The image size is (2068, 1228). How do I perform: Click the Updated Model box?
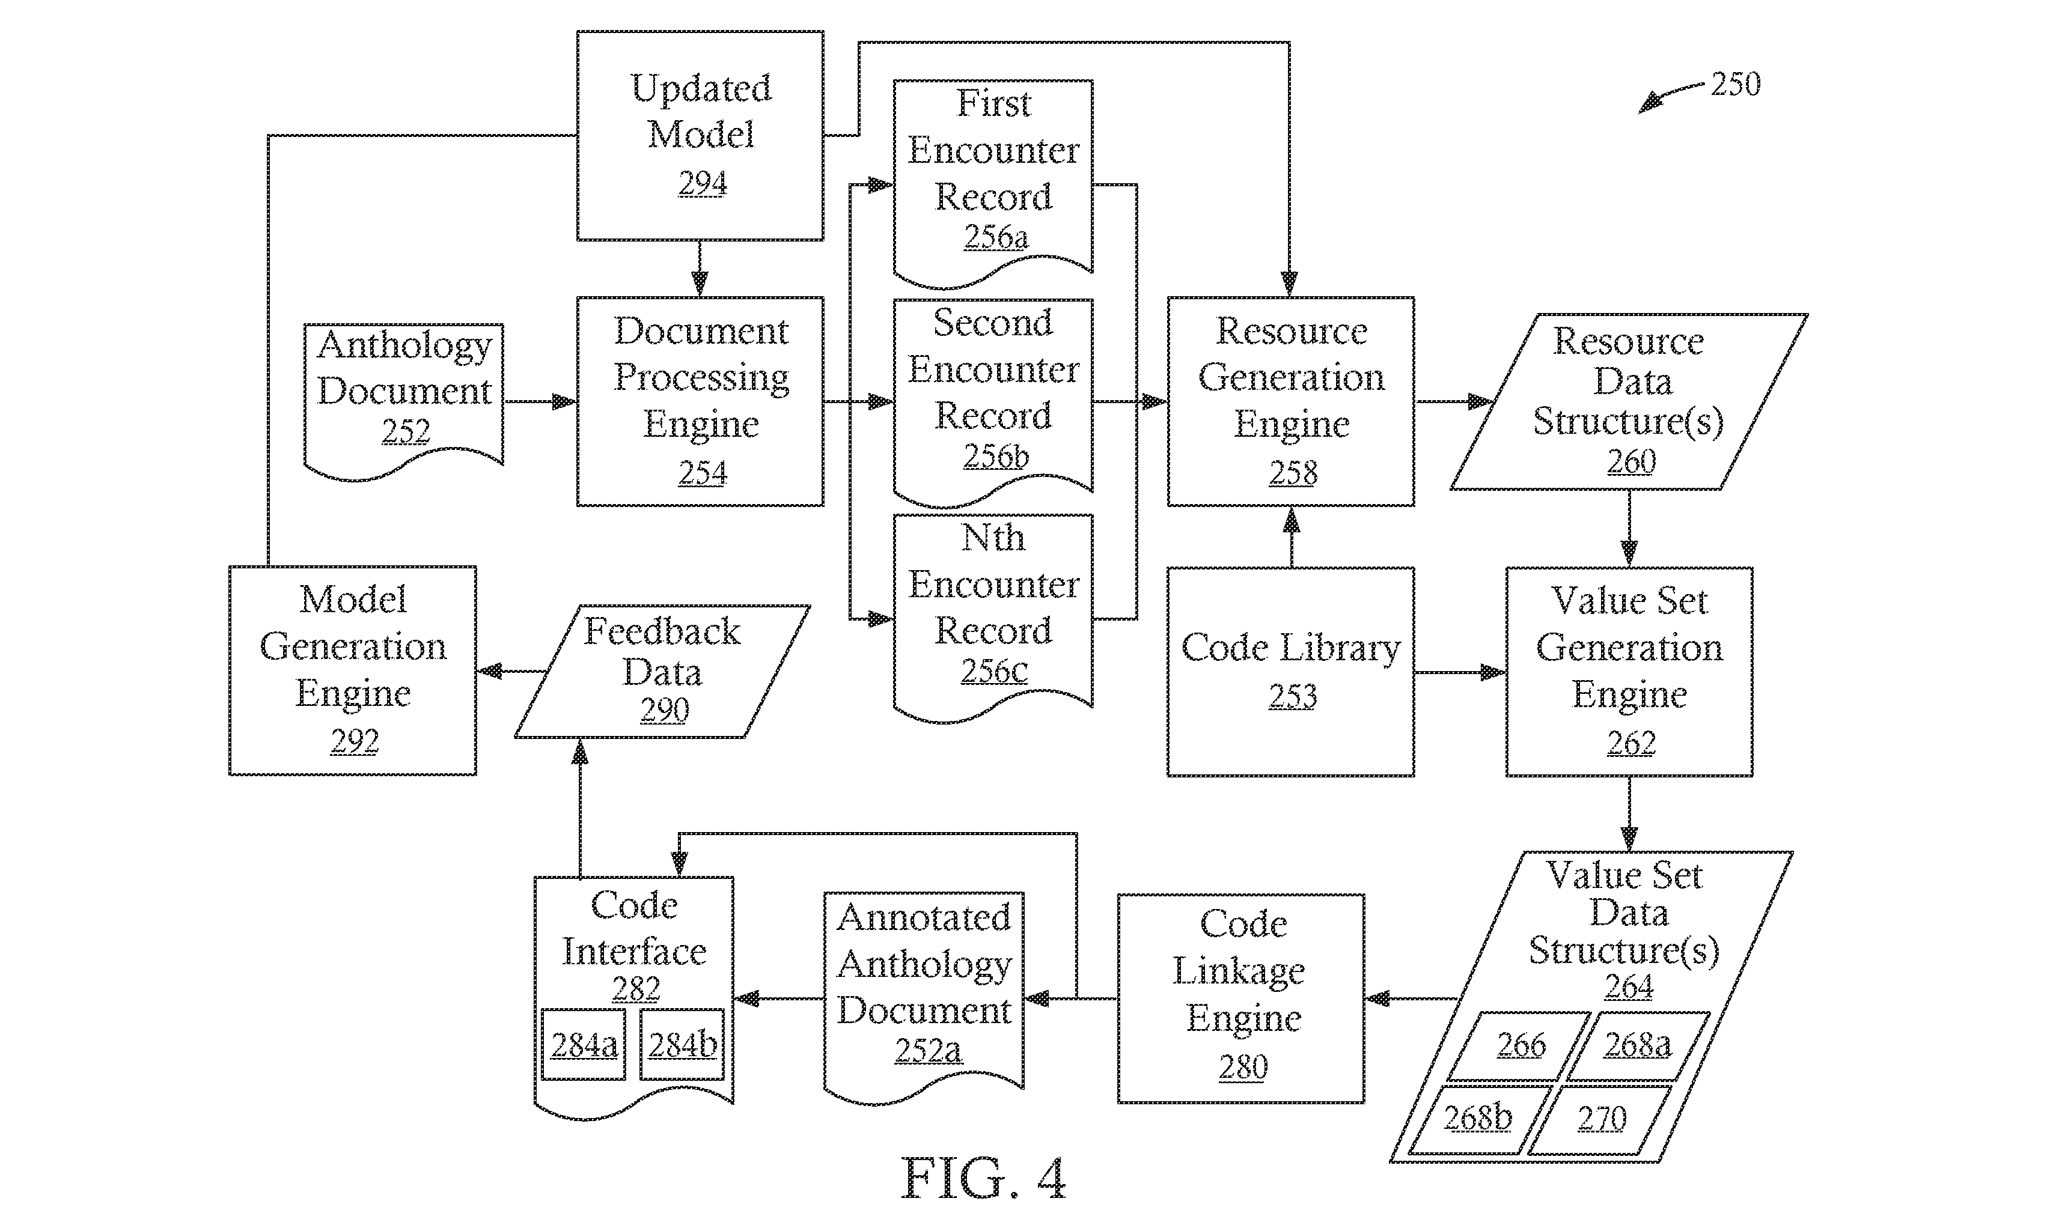pyautogui.click(x=700, y=136)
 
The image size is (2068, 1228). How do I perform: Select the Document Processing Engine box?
pyautogui.click(x=700, y=401)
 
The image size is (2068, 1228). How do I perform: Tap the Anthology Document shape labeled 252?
pyautogui.click(x=404, y=401)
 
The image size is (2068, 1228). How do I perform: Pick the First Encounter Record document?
pyautogui.click(x=993, y=182)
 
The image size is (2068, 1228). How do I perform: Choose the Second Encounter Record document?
pyautogui.click(x=993, y=401)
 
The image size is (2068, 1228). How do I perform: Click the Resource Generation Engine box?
pyautogui.click(x=1291, y=401)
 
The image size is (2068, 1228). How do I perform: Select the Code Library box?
pyautogui.click(x=1291, y=672)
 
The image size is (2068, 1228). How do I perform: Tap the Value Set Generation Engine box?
pyautogui.click(x=1629, y=672)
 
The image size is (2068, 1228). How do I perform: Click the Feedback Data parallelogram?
pyautogui.click(x=662, y=671)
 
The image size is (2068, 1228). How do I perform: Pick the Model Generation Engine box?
pyautogui.click(x=353, y=671)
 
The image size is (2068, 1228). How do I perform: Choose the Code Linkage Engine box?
pyautogui.click(x=1240, y=999)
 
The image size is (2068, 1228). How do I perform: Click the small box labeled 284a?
pyautogui.click(x=584, y=1044)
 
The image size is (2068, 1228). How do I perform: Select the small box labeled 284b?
pyautogui.click(x=682, y=1044)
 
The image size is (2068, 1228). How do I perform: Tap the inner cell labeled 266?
pyautogui.click(x=1519, y=1046)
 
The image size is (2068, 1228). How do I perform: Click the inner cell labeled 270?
pyautogui.click(x=1600, y=1119)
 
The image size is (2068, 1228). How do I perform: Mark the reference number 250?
pyautogui.click(x=1735, y=84)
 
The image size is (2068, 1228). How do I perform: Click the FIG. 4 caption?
pyautogui.click(x=983, y=1178)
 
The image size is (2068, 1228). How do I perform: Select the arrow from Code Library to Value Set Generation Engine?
pyautogui.click(x=1460, y=672)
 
